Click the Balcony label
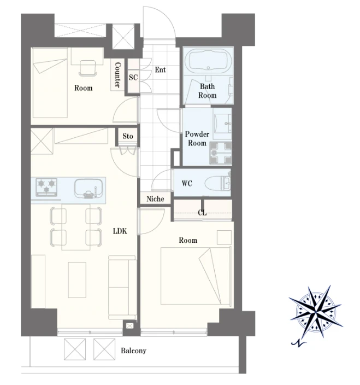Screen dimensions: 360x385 point(133,351)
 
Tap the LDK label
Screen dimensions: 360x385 point(120,231)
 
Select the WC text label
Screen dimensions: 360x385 point(187,183)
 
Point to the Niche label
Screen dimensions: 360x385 point(155,199)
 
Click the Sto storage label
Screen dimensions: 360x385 point(128,136)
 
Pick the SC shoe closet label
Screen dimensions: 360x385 point(133,78)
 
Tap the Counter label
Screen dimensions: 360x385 point(117,75)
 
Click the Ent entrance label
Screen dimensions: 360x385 point(161,70)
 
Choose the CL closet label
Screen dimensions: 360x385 point(202,213)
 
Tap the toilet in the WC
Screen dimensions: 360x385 point(217,183)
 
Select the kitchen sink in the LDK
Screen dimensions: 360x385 point(88,188)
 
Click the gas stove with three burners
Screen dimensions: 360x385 point(46,188)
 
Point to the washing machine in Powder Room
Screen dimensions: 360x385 point(221,153)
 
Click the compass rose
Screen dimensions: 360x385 point(316,311)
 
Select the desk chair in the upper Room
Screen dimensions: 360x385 point(87,68)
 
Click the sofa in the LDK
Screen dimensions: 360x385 point(122,288)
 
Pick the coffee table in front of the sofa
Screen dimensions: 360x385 point(77,280)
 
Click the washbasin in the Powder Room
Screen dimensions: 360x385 point(222,124)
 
